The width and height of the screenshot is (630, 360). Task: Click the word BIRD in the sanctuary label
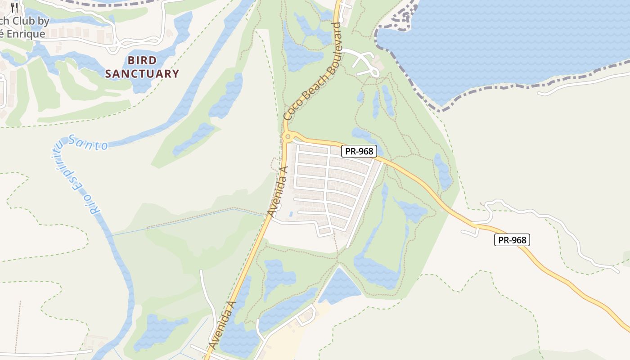pyautogui.click(x=142, y=60)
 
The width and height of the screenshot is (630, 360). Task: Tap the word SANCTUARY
pyautogui.click(x=142, y=74)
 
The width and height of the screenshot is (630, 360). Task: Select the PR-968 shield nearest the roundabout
pyautogui.click(x=359, y=151)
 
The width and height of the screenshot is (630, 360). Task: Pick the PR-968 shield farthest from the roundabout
pyautogui.click(x=512, y=240)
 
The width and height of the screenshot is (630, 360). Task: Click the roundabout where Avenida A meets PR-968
pyautogui.click(x=288, y=136)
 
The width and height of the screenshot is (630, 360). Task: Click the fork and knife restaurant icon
pyautogui.click(x=14, y=7)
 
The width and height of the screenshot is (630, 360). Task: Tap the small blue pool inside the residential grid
pyautogui.click(x=291, y=213)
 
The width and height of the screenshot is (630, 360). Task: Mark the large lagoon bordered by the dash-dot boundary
pyautogui.click(x=504, y=45)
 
